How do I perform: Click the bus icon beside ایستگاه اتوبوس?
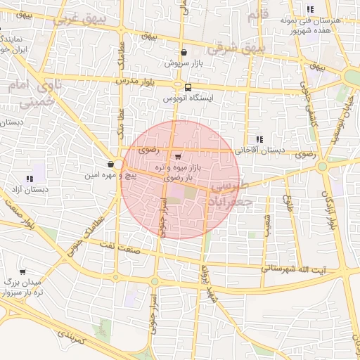[x=188, y=87]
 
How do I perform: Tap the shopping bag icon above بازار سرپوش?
[x=184, y=52]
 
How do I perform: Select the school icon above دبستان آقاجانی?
[x=259, y=139]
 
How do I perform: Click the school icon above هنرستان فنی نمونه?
[x=310, y=9]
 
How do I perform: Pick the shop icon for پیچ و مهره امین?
[x=111, y=164]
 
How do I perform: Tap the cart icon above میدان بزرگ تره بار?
[x=22, y=271]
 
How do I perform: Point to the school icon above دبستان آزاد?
[x=30, y=179]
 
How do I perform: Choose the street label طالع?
[x=287, y=205]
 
